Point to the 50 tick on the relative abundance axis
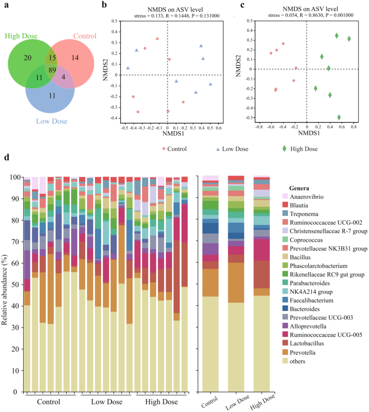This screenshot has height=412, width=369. pos(16,285)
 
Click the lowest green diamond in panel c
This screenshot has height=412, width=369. pos(339,117)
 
